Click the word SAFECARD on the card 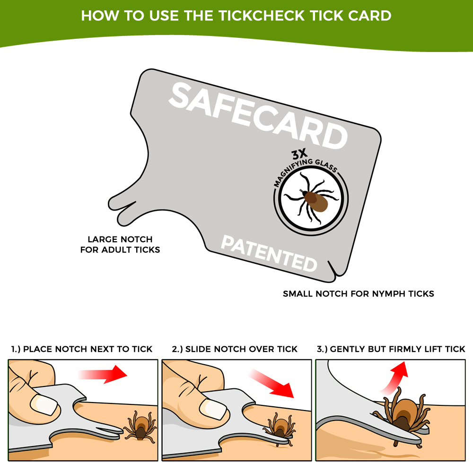(258, 116)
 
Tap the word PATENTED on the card (269, 254)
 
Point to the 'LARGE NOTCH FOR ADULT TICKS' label (120, 245)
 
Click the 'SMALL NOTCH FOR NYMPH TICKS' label (358, 294)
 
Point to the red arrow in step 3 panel (394, 376)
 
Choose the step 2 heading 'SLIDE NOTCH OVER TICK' (235, 349)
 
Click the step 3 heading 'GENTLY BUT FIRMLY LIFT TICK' (391, 349)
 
